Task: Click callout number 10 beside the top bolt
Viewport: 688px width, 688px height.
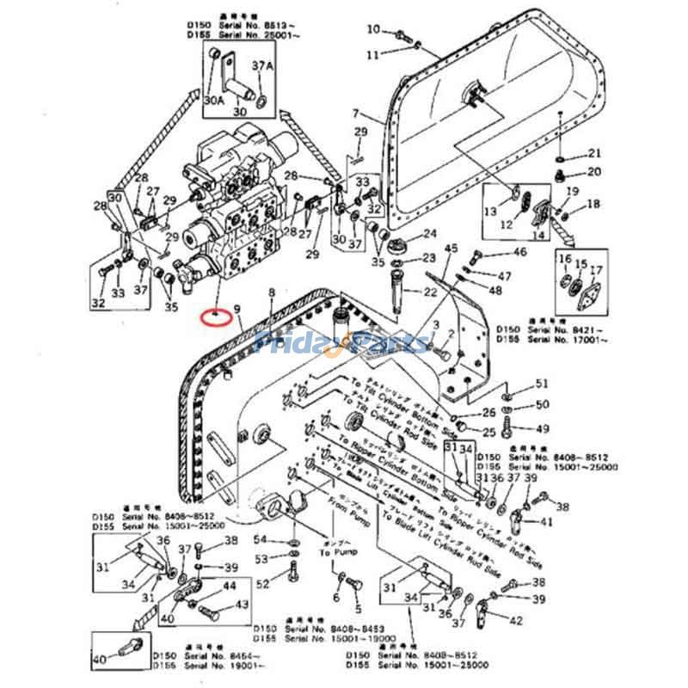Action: coord(372,30)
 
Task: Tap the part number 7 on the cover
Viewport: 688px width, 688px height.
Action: coord(355,114)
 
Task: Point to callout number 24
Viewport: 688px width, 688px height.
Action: coord(428,234)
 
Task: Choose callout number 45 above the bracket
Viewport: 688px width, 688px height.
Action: coord(451,249)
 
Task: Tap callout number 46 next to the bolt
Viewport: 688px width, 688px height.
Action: coord(519,252)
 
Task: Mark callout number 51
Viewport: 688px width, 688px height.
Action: coord(542,384)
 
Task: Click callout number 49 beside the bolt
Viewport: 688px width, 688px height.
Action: coord(542,428)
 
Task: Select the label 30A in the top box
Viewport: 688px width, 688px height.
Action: coord(213,101)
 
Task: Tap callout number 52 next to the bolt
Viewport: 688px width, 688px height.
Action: coord(262,583)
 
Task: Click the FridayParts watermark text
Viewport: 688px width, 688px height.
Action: coord(344,343)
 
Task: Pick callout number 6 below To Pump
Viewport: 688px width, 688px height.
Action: coord(336,599)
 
